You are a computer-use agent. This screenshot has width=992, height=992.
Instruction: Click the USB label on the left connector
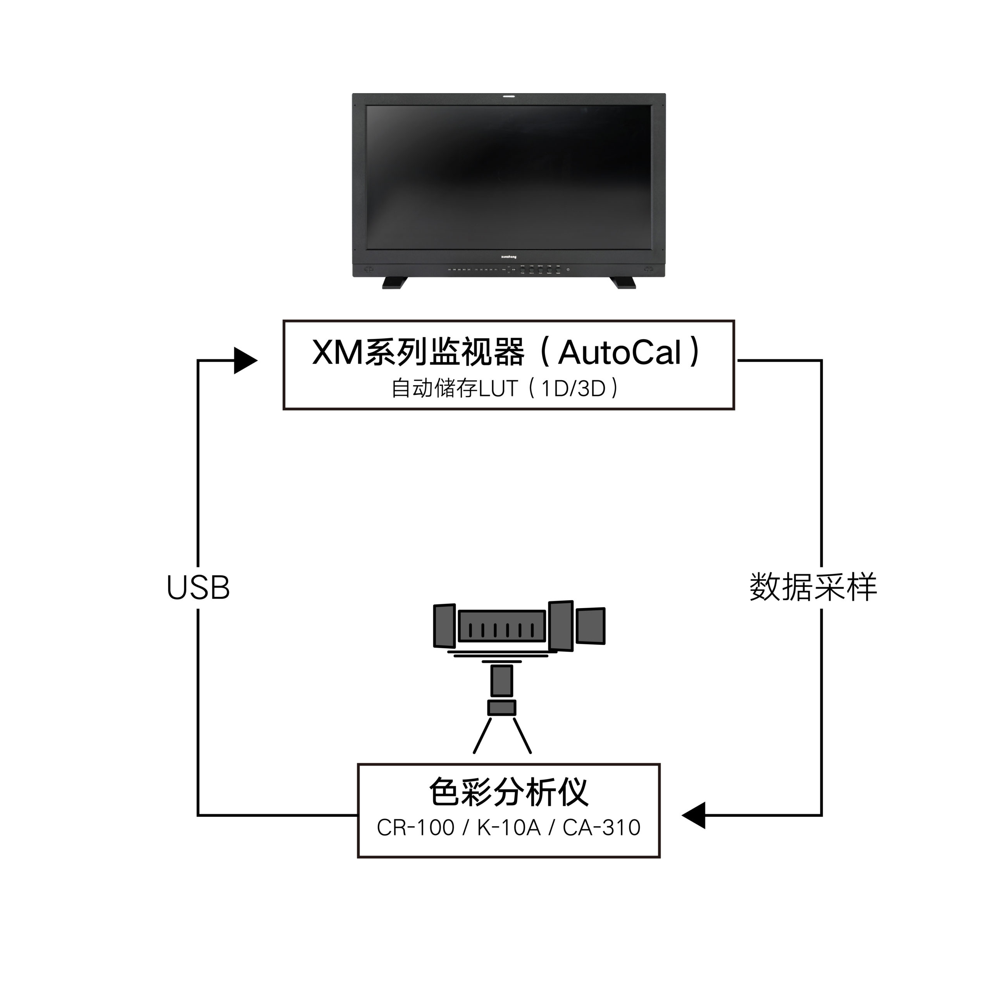pos(198,587)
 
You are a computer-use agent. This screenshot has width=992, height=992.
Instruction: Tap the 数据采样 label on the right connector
pos(813,587)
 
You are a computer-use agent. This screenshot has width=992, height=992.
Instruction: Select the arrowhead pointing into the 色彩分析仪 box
pos(694,815)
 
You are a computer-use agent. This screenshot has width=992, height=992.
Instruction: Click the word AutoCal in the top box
pos(620,353)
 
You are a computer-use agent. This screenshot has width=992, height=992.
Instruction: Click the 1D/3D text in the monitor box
pos(574,389)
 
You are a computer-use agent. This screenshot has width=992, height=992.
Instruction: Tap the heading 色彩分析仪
pos(508,792)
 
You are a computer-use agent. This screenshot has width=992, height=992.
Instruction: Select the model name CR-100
pos(415,828)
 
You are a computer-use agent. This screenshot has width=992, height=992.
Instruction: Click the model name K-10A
pos(508,828)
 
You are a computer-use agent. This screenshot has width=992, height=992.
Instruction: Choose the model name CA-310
pos(601,828)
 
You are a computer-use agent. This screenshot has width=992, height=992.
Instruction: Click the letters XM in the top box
pos(337,353)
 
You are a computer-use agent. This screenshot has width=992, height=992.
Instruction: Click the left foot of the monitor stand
pos(394,282)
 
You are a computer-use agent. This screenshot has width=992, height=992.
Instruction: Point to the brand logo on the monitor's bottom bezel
pos(508,257)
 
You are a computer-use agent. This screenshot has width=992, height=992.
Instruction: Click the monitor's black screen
pos(508,177)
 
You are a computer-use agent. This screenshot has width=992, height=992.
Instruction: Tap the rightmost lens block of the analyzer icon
pos(591,625)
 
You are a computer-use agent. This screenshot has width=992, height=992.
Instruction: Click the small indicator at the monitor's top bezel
pos(508,96)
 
